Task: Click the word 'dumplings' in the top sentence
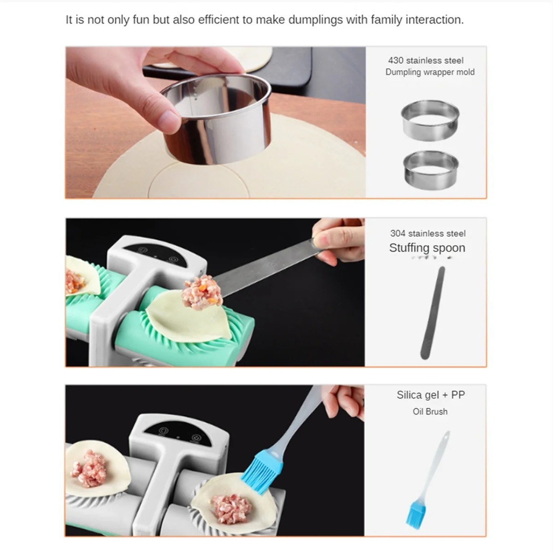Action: click(x=315, y=20)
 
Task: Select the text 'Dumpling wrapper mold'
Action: click(x=430, y=72)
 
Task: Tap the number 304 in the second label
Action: click(x=398, y=233)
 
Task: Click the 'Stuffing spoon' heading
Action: click(x=427, y=248)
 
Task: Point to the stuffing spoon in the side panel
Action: click(x=433, y=313)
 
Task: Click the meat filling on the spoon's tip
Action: click(x=202, y=293)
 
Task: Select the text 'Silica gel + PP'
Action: click(x=431, y=395)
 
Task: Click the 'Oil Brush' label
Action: click(x=430, y=412)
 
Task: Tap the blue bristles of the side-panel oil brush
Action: click(x=416, y=515)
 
